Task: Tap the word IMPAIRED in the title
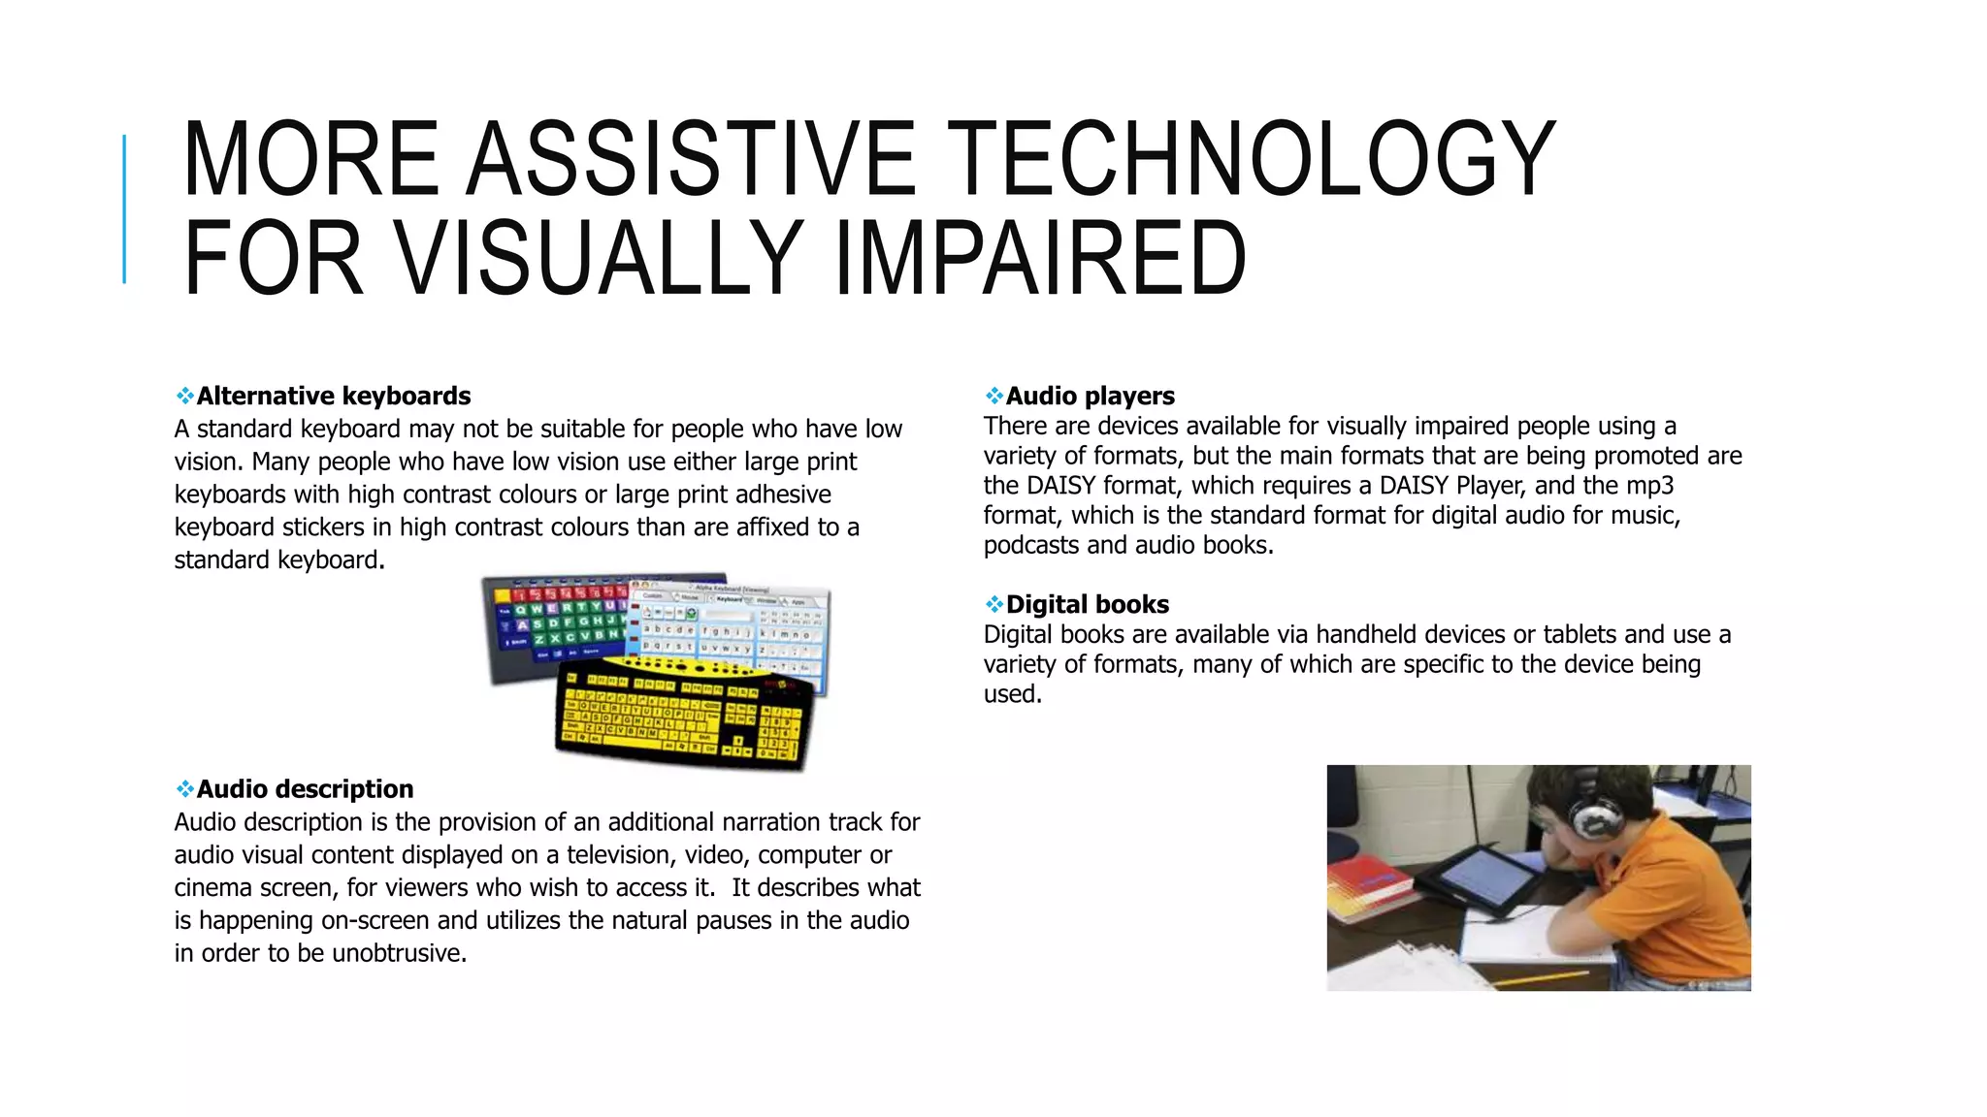click(x=1040, y=258)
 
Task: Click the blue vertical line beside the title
click(x=124, y=208)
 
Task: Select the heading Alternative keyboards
click(x=333, y=397)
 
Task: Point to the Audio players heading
click(x=1090, y=397)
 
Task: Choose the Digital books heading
click(x=1087, y=605)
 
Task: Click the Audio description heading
click(x=305, y=789)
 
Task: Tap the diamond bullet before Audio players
click(x=993, y=397)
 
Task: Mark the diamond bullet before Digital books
click(x=993, y=605)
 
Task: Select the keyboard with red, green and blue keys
click(x=553, y=625)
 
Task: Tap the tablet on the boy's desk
click(x=1480, y=878)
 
